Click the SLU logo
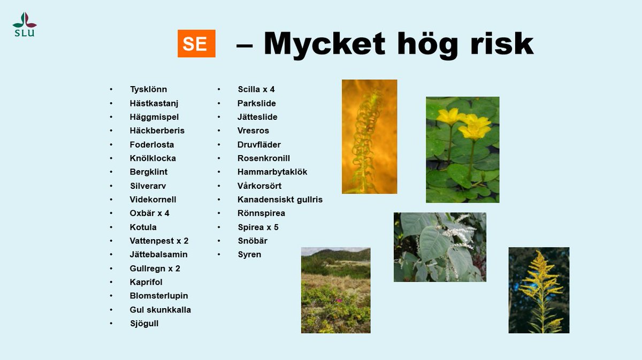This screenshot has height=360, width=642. point(25,24)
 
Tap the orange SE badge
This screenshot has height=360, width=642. point(196,43)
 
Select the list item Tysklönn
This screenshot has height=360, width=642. point(148,89)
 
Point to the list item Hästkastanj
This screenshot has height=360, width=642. point(154,103)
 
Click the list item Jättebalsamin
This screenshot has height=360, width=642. point(158,255)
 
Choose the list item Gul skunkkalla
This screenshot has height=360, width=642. point(160,310)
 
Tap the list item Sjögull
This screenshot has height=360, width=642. point(144,324)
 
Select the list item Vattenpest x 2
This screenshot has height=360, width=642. point(159,241)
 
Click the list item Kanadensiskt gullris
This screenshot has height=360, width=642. point(280,200)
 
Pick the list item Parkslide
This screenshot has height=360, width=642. point(257,103)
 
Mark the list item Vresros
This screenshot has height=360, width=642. point(253,131)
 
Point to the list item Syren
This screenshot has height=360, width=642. point(249,255)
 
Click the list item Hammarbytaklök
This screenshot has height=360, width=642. point(272,172)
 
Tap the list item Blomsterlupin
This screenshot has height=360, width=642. point(159,296)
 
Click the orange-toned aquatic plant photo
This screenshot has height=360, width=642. point(369,136)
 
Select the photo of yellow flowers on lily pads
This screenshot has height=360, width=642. point(462,150)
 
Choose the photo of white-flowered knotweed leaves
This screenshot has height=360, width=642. point(440,247)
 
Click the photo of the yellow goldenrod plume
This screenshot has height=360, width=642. point(539,290)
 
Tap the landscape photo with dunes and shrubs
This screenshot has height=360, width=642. point(335,290)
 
